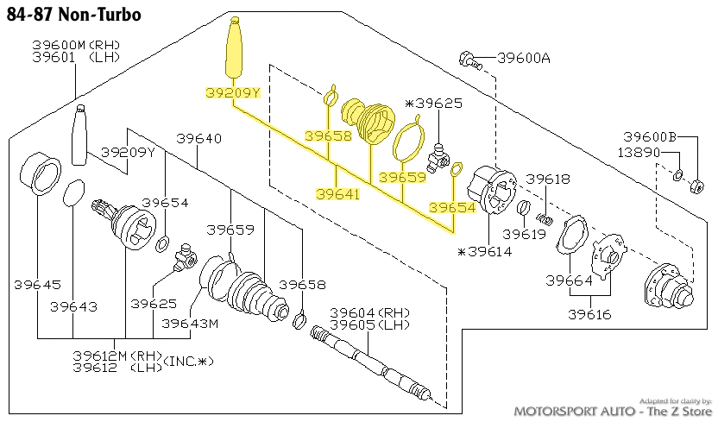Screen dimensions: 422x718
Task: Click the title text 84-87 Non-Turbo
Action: [73, 15]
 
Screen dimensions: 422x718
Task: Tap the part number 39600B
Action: [650, 137]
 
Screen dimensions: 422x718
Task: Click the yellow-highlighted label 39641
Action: [337, 195]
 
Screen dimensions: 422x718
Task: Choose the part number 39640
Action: [198, 138]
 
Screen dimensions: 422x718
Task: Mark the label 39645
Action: [37, 284]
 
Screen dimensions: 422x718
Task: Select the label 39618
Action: [548, 179]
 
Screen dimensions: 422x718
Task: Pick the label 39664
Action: [569, 280]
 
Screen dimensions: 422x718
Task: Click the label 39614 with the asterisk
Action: [485, 251]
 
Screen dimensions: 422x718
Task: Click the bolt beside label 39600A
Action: [469, 59]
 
